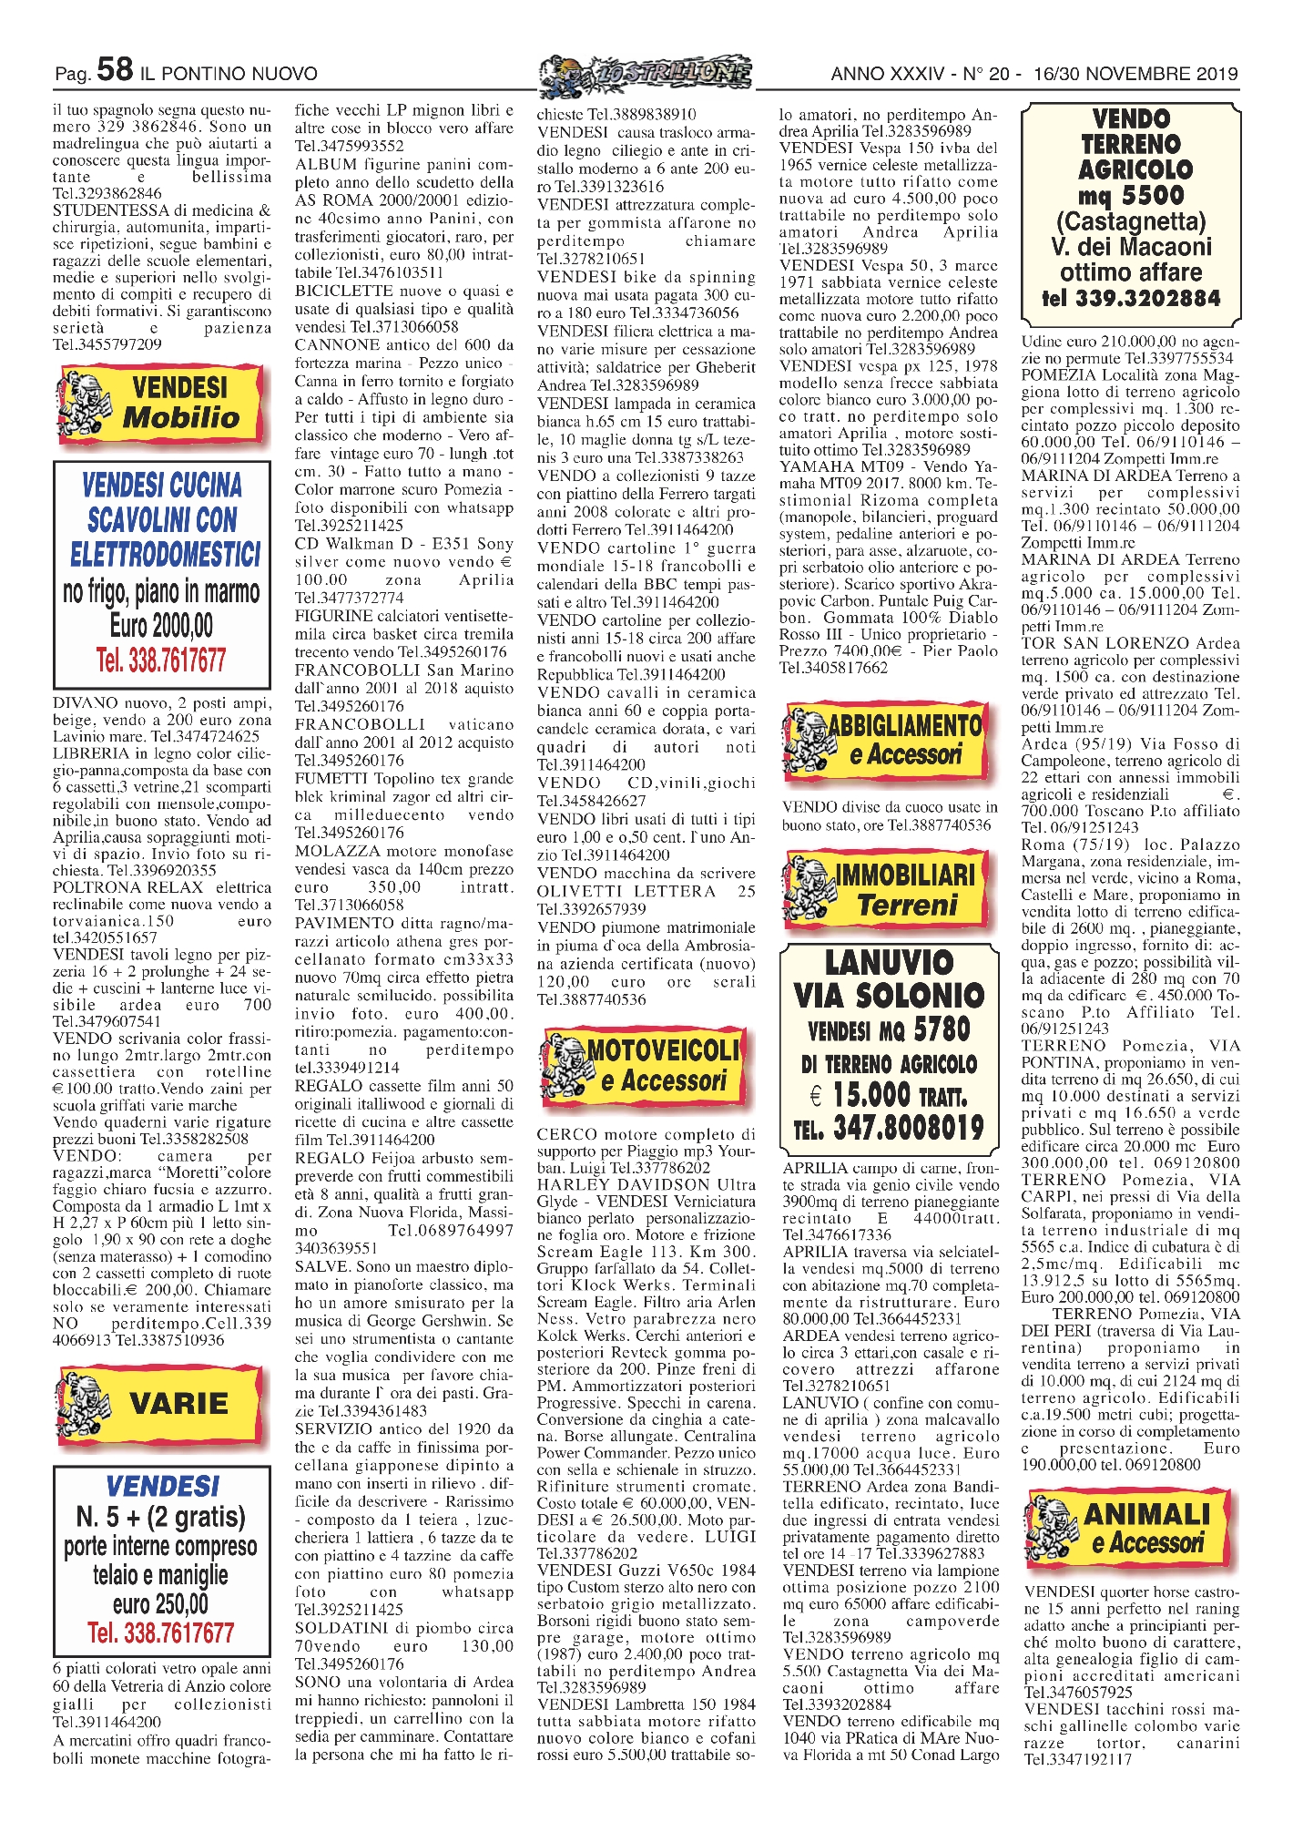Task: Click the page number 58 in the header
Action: pos(115,69)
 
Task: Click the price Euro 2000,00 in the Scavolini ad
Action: pos(162,626)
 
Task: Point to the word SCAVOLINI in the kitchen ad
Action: pos(162,520)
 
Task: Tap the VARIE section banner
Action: pos(162,1404)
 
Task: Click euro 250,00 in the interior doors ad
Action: pos(161,1603)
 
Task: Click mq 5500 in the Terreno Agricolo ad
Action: pos(1131,196)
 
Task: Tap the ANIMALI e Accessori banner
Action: pos(1131,1528)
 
